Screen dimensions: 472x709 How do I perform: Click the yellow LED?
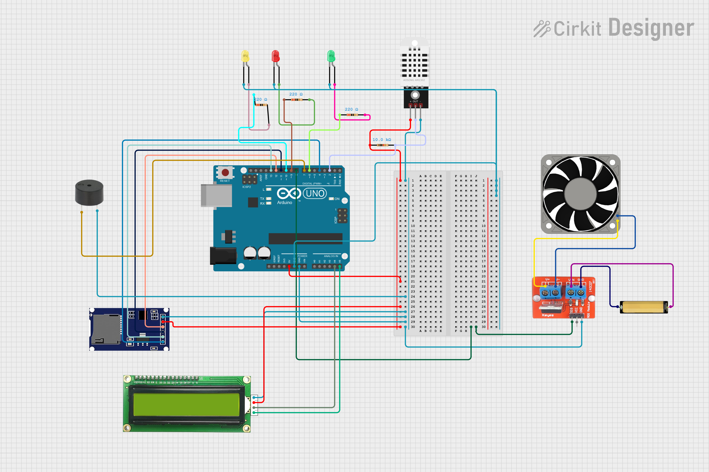pos(245,56)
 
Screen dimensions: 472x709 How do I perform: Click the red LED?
pos(275,56)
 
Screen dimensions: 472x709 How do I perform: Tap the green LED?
pos(331,56)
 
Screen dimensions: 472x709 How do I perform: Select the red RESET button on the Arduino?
pos(225,173)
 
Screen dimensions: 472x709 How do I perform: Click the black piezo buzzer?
pos(89,193)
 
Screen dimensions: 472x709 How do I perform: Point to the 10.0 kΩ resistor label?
pos(381,140)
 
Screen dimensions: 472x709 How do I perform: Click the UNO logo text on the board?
pos(315,193)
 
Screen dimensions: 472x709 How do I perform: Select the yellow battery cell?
pos(644,307)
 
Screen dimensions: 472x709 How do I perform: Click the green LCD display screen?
pos(186,404)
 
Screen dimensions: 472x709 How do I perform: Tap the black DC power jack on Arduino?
pos(223,255)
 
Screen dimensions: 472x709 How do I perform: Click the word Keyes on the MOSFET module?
pos(548,315)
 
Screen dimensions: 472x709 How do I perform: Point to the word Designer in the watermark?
pos(651,28)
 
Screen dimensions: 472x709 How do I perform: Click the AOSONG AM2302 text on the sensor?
pos(414,80)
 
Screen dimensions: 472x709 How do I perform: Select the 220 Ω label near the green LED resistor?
pos(351,109)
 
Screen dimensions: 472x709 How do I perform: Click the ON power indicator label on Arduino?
pos(337,199)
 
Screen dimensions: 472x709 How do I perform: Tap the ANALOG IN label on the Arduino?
pos(331,256)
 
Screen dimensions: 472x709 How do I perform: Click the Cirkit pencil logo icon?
pos(541,29)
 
